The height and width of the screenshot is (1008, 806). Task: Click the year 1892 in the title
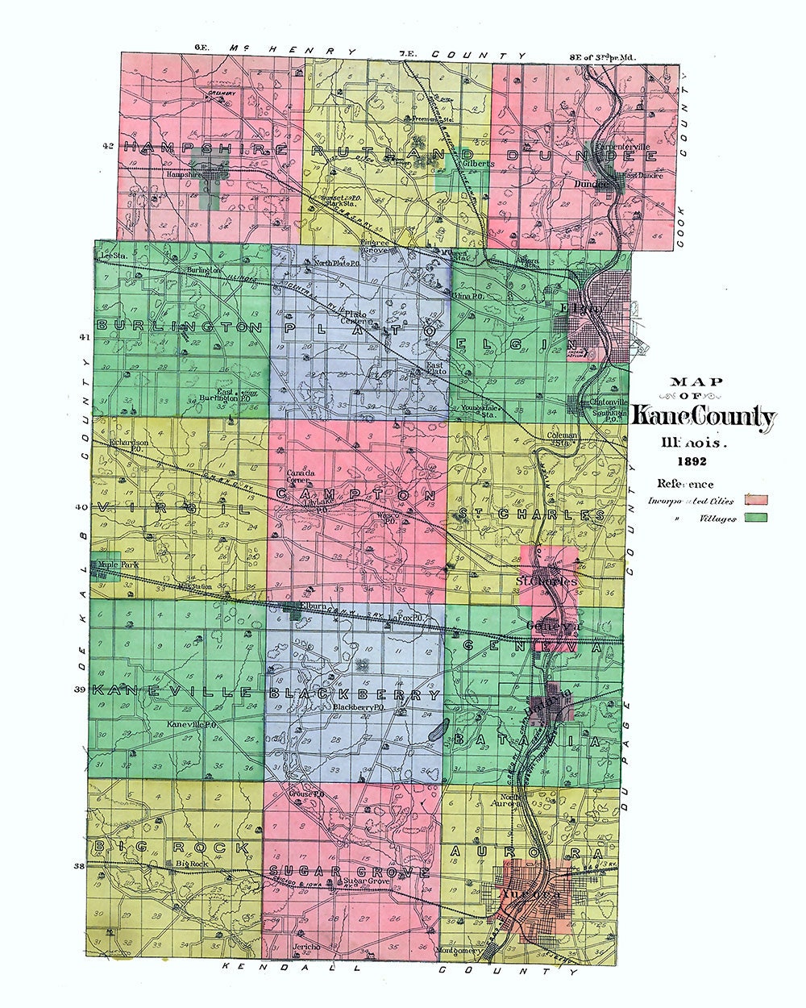(x=692, y=462)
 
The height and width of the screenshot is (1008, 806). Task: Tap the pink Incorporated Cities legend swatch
(x=755, y=500)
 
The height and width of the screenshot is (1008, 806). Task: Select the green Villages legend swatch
(x=755, y=518)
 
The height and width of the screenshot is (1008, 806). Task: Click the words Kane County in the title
(x=703, y=417)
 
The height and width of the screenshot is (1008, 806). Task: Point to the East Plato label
(x=436, y=369)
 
